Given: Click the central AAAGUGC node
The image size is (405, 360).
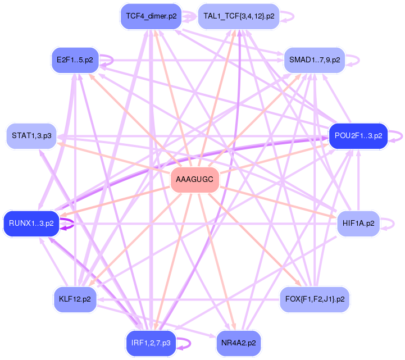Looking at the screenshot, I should [x=194, y=180].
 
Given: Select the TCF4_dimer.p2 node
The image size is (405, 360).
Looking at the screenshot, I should [x=151, y=16].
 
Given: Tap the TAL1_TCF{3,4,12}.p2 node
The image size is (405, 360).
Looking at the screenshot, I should [x=239, y=16].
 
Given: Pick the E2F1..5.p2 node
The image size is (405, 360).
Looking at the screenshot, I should [x=75, y=60].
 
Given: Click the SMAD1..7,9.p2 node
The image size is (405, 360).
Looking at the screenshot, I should [x=315, y=60].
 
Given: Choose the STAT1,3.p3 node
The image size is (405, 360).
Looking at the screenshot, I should [x=31, y=136].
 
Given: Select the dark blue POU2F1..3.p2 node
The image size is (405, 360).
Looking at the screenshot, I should [x=358, y=136].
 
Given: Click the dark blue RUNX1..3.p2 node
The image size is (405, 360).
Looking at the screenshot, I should [x=31, y=224].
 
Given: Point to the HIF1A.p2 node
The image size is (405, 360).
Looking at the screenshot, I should [x=358, y=224].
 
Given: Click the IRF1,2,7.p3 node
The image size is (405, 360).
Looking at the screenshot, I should [x=151, y=343].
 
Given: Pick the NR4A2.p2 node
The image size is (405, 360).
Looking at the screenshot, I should [x=239, y=343].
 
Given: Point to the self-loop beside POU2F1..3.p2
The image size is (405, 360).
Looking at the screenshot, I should [x=398, y=136].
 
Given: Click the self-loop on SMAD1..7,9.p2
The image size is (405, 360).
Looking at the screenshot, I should [x=354, y=60].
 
